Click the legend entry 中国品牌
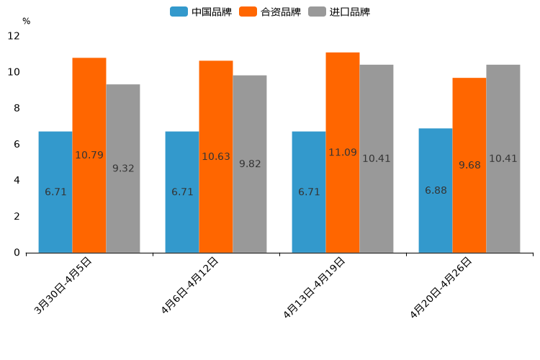pos(201,12)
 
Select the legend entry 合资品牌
pos(270,12)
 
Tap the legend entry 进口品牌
pos(339,12)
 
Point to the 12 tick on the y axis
pos(14,36)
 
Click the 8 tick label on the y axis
pos(17,108)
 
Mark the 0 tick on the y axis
pos(17,253)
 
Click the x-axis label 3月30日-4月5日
pos(63,285)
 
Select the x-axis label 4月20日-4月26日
pos(441,287)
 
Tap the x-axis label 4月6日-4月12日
pos(190,286)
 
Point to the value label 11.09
pos(343,153)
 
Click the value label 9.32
pos(123,168)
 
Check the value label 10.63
pos(216,156)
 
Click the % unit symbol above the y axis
pos(26,22)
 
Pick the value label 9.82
pos(250,164)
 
